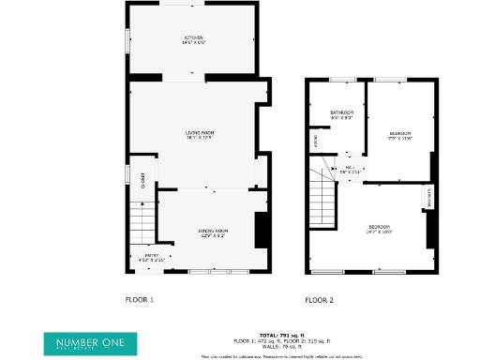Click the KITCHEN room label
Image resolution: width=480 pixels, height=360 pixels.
193,37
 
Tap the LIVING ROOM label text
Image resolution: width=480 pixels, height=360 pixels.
199,133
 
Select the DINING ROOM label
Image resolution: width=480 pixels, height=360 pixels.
213,231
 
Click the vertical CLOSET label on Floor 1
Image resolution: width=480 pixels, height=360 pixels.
143,180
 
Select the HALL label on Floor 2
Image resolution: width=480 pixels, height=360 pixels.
350,168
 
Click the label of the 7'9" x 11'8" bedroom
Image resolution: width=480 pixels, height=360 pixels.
401,134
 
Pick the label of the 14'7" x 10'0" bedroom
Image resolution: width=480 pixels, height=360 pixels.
380,228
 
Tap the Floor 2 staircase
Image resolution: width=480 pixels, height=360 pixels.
323,202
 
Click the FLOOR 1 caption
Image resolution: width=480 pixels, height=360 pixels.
139,300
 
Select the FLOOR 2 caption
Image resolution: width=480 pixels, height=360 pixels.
319,300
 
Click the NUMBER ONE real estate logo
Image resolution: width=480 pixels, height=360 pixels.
90,342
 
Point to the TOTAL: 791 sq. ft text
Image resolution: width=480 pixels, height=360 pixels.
280,335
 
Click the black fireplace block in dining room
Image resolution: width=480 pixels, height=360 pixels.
262,229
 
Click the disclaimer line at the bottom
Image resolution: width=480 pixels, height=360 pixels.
281,356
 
